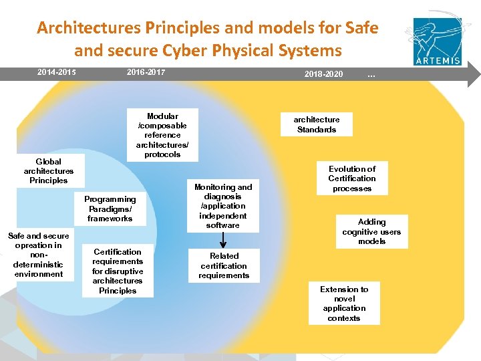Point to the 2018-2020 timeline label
click(323, 74)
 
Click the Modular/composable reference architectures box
click(162, 135)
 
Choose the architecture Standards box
click(317, 124)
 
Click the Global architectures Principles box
click(49, 171)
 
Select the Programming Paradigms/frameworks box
click(110, 209)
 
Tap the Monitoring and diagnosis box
click(223, 206)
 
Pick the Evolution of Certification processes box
click(352, 178)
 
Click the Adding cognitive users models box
click(371, 231)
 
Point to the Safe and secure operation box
click(39, 255)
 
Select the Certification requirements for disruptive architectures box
click(118, 271)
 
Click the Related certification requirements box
click(224, 265)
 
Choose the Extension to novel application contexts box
click(344, 304)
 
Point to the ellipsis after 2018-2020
click(371, 74)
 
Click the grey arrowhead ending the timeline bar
click(474, 72)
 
